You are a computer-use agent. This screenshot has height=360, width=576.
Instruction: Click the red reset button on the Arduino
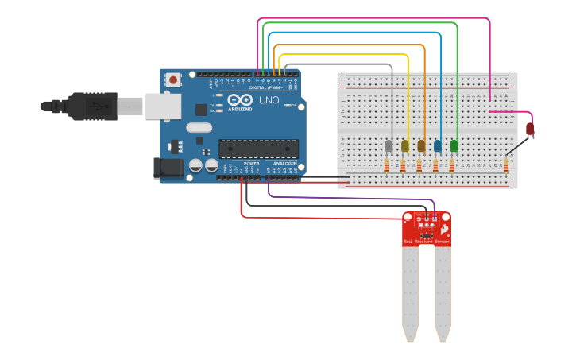[173, 80]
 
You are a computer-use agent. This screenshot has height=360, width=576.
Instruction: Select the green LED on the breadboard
[454, 146]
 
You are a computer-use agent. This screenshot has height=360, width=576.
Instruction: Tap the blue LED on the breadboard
[437, 146]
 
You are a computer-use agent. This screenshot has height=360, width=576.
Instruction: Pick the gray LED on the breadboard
[389, 146]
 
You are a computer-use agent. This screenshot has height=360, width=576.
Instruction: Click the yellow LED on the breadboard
[404, 146]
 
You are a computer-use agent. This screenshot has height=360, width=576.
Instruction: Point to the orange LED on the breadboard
[421, 146]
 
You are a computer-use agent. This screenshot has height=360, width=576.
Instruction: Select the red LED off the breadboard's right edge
[530, 128]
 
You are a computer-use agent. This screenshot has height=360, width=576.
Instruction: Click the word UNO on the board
[269, 101]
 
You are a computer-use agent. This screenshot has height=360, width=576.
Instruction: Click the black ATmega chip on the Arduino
[258, 149]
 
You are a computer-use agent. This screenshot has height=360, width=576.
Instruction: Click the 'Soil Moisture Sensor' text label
[426, 241]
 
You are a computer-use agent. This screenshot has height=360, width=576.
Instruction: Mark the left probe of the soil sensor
[410, 294]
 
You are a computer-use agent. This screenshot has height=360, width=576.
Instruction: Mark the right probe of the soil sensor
[443, 294]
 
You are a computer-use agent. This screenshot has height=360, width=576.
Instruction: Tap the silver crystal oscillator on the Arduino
[199, 128]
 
